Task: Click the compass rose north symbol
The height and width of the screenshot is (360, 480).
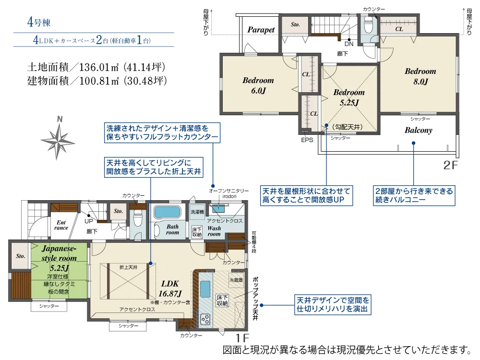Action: point(59,140)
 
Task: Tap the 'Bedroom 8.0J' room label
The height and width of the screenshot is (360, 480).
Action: point(420,76)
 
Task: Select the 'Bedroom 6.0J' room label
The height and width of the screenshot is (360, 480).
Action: point(258,85)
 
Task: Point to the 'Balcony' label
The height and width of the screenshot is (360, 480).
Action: point(418,130)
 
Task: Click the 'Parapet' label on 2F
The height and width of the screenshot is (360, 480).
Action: point(261,30)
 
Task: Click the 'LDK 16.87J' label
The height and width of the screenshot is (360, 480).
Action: point(170,288)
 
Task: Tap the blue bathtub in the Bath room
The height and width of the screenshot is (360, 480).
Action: point(166,213)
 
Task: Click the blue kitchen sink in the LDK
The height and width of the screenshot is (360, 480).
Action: point(205,290)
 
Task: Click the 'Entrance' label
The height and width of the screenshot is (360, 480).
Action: point(61,225)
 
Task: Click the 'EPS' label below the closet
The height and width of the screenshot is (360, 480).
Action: point(307,140)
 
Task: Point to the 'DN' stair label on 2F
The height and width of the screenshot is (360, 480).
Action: point(349,44)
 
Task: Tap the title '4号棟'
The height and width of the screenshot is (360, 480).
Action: point(39,22)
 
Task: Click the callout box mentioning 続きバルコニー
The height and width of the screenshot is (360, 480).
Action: point(413,195)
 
